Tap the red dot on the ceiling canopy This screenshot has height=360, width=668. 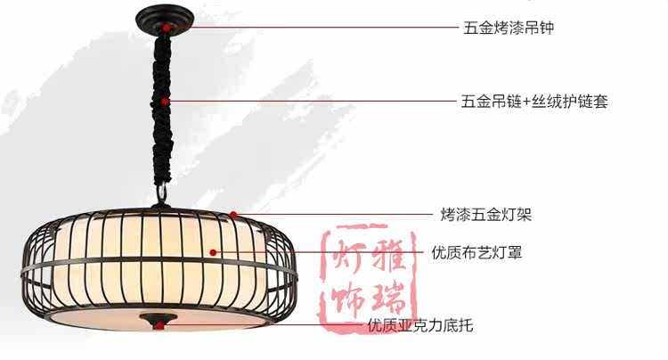(167, 28)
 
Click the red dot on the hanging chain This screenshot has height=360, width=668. (167, 102)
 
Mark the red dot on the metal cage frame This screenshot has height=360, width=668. (233, 214)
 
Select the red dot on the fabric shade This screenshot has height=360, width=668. (214, 253)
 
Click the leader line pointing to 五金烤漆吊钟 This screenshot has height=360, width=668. (312, 28)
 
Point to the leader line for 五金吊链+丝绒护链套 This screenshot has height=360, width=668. (312, 102)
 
